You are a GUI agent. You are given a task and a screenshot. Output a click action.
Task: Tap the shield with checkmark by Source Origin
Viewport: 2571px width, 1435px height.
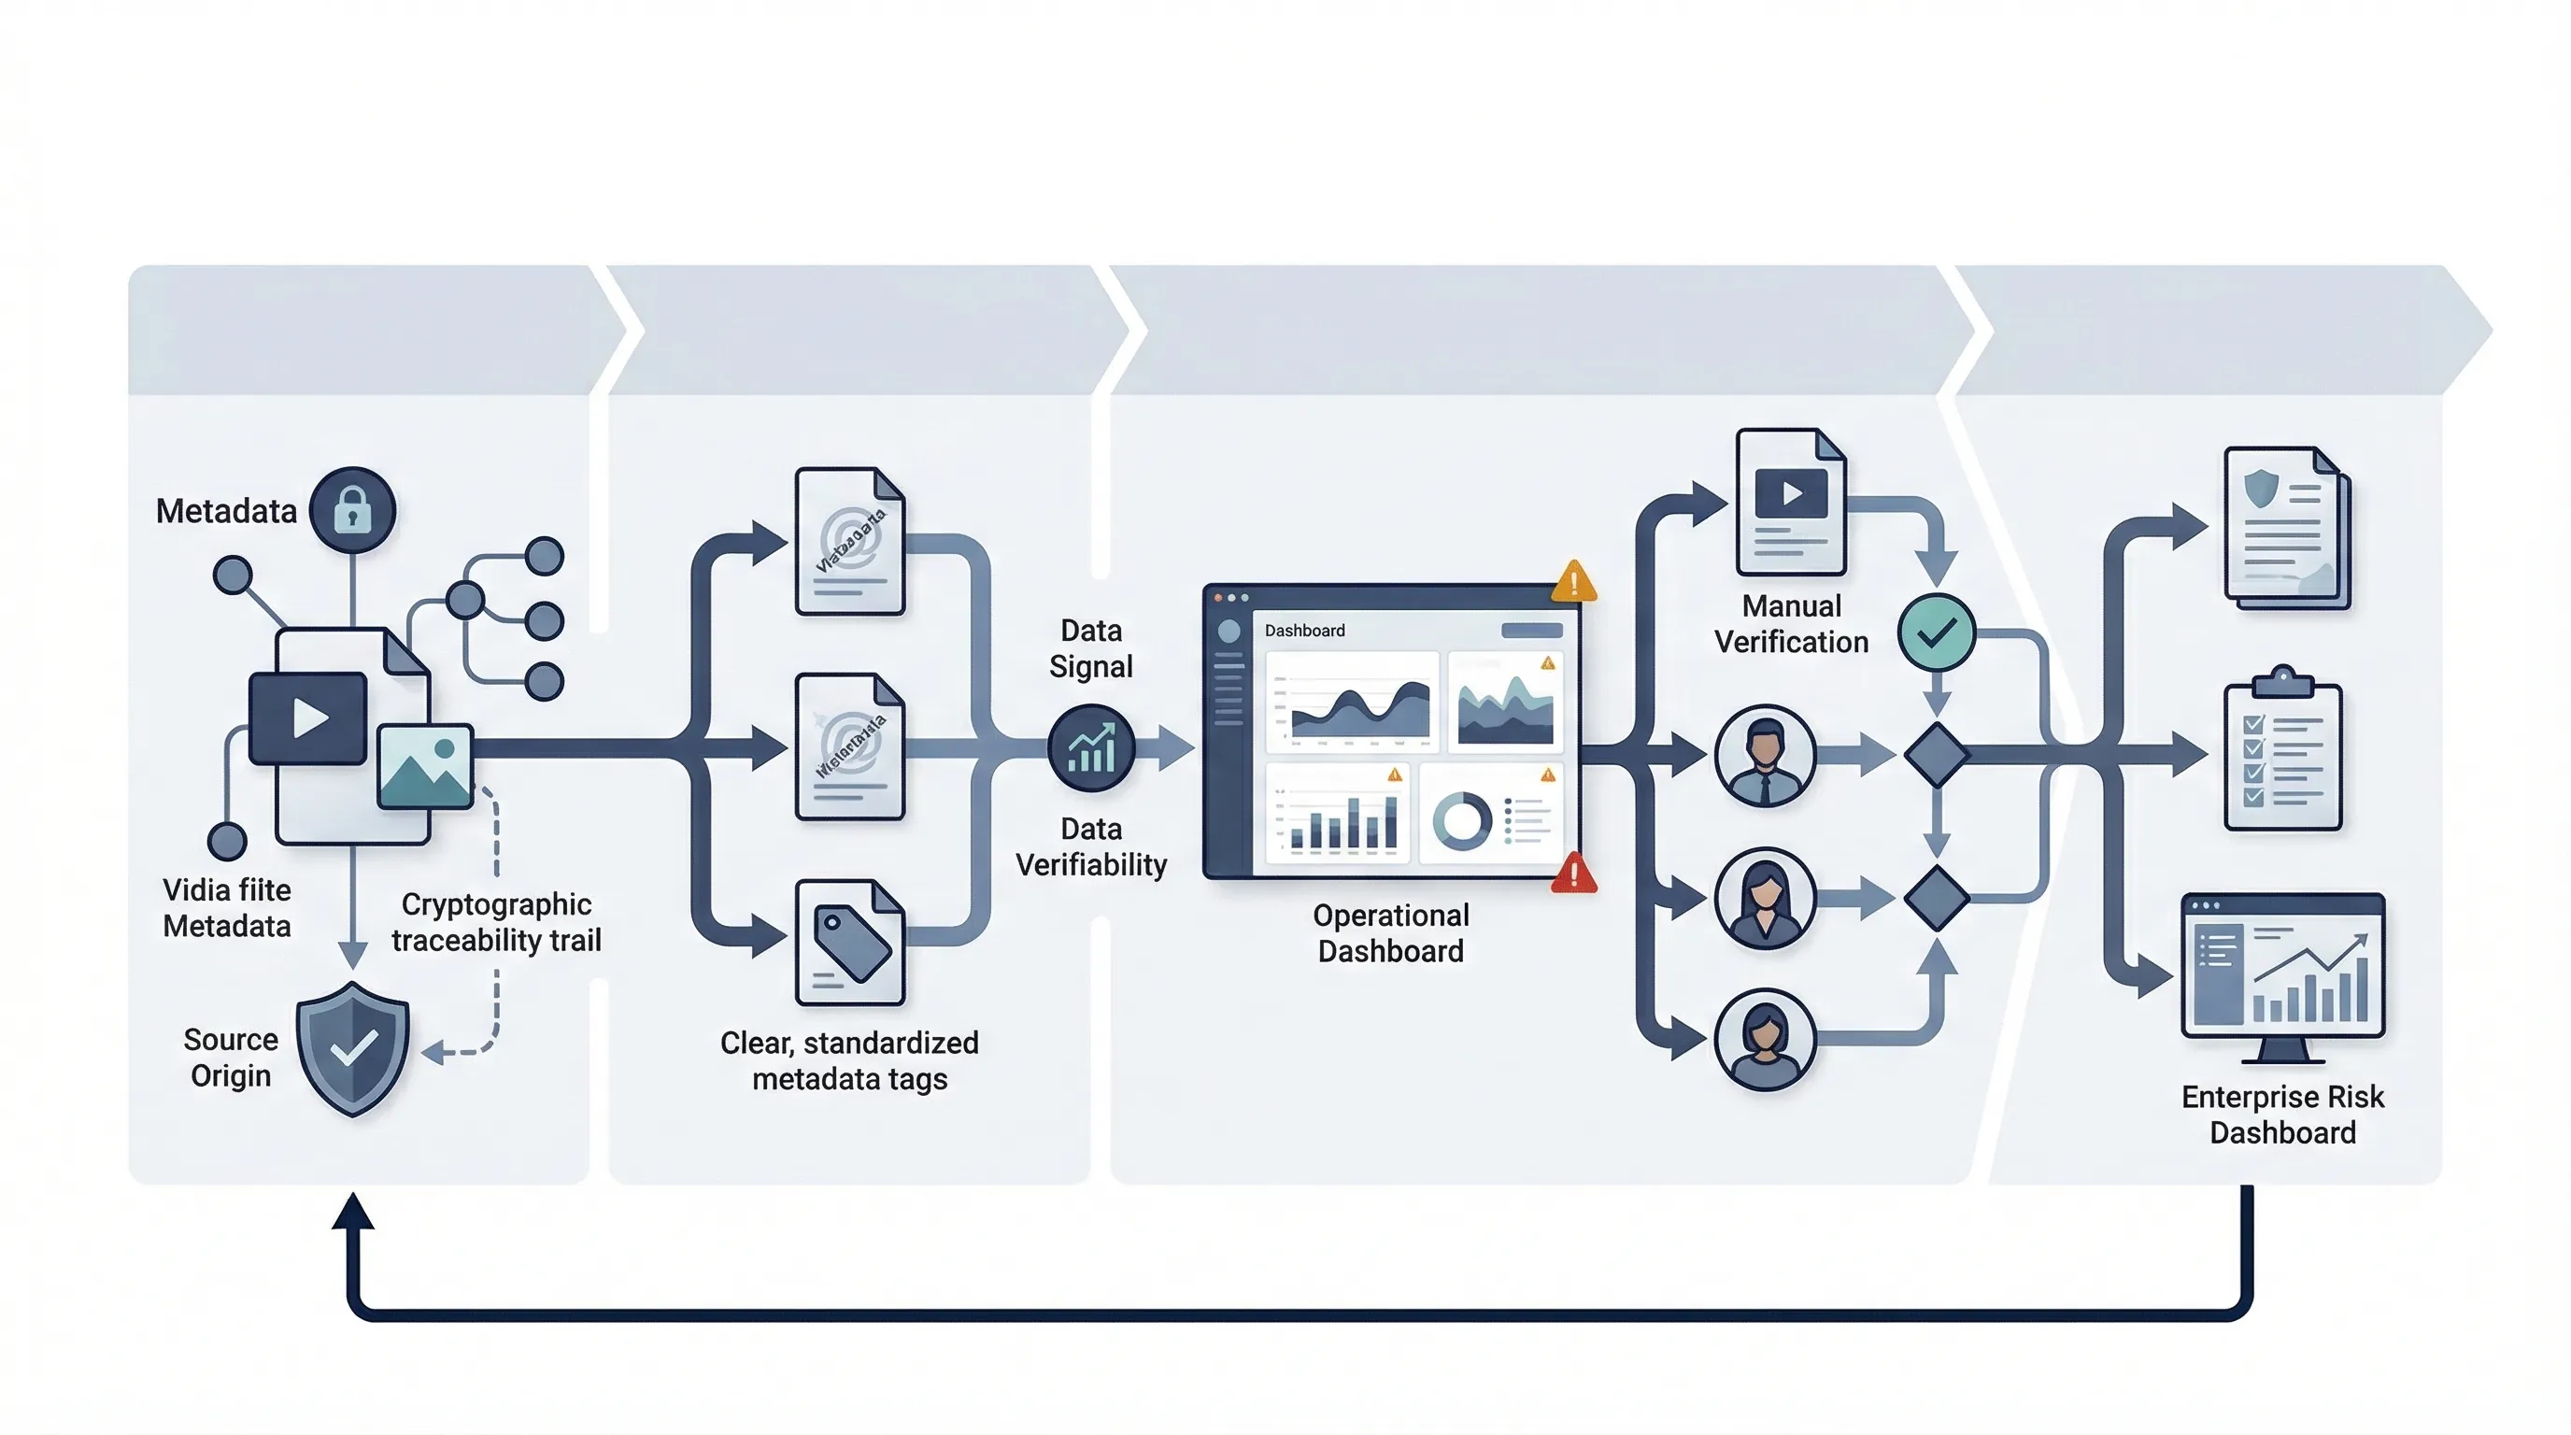[x=352, y=1048]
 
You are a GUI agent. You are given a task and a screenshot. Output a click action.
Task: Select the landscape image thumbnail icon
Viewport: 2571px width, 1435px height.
[x=425, y=765]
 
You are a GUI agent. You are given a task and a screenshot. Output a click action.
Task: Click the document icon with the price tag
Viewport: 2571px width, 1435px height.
[x=850, y=942]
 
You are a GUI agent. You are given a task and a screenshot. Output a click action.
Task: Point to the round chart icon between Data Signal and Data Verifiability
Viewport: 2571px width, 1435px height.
[x=1091, y=748]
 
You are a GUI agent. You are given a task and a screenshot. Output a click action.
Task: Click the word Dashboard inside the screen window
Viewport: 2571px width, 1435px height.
[x=1304, y=631]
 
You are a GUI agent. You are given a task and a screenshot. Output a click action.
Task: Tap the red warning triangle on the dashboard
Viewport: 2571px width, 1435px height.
[x=1574, y=874]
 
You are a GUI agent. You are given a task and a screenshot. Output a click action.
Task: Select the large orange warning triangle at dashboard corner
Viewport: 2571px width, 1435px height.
[x=1574, y=582]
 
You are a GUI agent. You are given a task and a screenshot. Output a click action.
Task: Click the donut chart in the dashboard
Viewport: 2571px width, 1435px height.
[x=1462, y=820]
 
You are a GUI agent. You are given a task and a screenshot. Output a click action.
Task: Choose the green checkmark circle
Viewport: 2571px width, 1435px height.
[x=1937, y=632]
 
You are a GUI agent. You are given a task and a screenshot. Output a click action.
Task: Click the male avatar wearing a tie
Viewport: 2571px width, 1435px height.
[x=1765, y=756]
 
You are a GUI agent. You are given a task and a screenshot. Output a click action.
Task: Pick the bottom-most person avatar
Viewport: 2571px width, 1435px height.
[x=1765, y=1039]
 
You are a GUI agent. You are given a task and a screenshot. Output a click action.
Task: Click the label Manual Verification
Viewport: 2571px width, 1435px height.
[x=1792, y=624]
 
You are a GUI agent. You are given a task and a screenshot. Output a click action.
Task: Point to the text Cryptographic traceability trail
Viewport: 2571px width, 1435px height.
[x=496, y=922]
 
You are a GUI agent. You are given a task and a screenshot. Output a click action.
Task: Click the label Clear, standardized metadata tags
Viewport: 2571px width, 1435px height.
[x=849, y=1059]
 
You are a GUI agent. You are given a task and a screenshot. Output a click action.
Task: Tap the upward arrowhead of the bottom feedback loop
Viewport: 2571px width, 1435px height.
[x=352, y=1212]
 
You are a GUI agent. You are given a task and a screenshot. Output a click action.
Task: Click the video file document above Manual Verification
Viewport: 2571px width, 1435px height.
[x=1791, y=502]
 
